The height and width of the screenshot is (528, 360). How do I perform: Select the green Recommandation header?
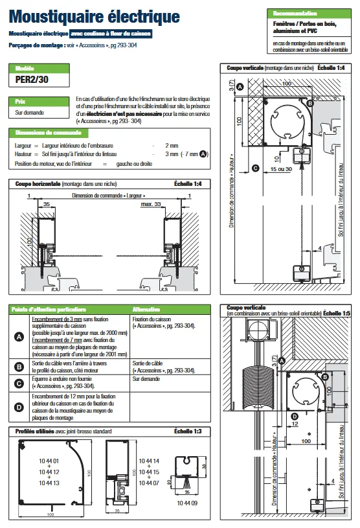pos(295,13)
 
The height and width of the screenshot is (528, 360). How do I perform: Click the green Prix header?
pos(21,101)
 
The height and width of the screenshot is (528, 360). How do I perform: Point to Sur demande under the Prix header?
pos(29,112)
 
